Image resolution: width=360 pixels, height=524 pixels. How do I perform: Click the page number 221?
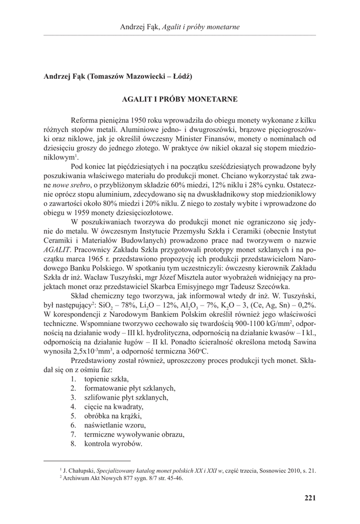click(309, 497)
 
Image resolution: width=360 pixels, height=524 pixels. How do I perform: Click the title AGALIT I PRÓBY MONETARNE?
click(179, 97)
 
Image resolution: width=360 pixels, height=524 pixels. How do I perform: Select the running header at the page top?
click(179, 27)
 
